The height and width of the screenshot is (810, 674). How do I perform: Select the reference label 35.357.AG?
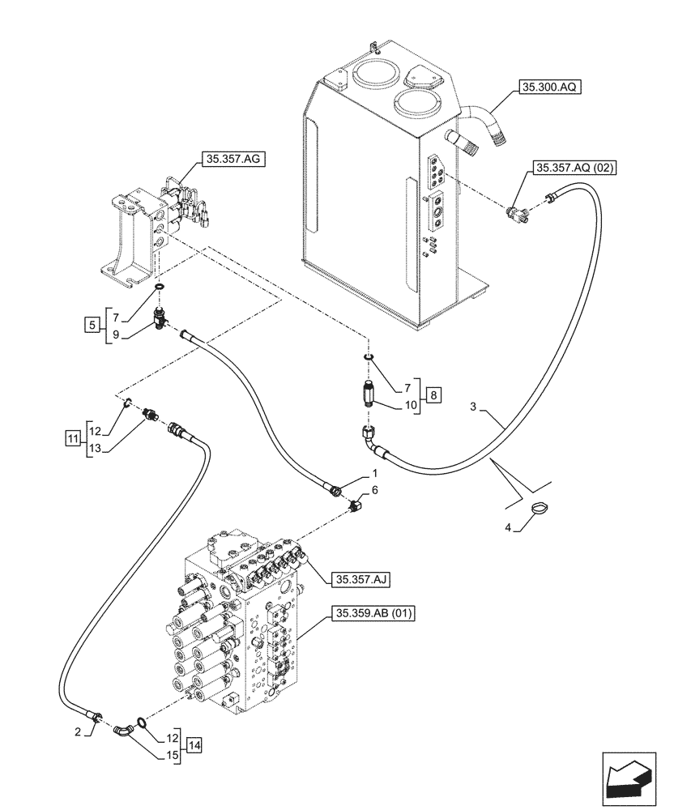click(232, 160)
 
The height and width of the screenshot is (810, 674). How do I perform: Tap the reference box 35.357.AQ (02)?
click(574, 168)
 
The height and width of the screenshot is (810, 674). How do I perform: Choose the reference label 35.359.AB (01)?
click(372, 614)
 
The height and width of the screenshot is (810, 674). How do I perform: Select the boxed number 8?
click(434, 394)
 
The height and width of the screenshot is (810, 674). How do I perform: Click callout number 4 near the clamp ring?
click(508, 528)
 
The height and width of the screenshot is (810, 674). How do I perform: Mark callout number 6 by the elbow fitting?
click(375, 491)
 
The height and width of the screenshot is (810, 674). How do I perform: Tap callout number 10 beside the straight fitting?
click(411, 404)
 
